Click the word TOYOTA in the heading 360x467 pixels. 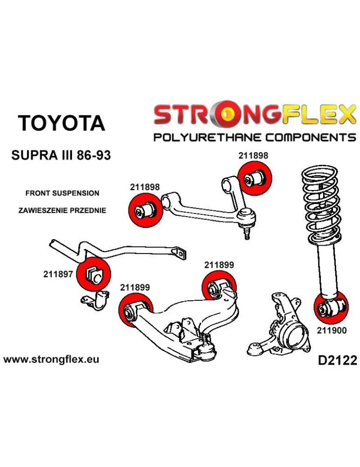tap(61, 123)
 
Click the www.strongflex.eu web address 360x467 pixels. tap(51, 360)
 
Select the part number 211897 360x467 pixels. tap(58, 275)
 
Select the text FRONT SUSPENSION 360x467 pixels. tap(62, 193)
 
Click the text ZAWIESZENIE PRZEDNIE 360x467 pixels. tap(62, 211)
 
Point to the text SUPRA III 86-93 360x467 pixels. tap(61, 155)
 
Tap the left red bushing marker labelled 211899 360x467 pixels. tap(135, 310)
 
